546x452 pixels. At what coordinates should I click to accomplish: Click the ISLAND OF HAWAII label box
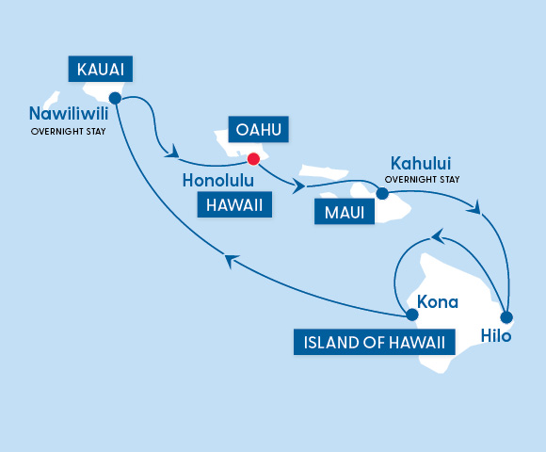375,340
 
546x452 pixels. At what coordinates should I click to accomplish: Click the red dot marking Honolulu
252,159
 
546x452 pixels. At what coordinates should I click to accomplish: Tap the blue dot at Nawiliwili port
115,97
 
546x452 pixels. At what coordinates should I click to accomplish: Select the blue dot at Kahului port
382,193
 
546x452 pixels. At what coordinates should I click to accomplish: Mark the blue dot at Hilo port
506,316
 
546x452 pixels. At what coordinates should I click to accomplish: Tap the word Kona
437,302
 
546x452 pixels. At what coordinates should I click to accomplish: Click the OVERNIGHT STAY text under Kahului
423,179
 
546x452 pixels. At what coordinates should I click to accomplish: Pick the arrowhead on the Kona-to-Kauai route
229,261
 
